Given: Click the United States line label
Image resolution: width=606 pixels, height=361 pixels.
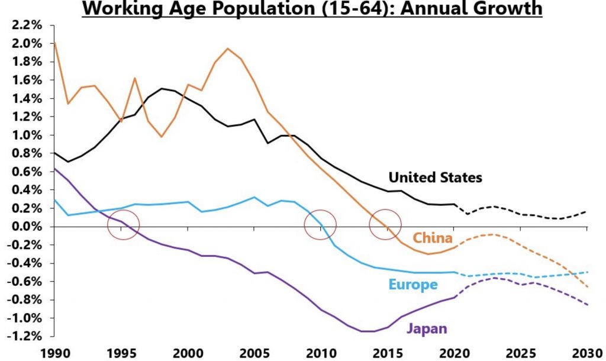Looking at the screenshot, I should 435,177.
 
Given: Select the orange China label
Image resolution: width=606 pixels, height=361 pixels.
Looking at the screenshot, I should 433,238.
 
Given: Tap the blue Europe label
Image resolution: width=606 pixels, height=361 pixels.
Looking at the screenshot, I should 412,285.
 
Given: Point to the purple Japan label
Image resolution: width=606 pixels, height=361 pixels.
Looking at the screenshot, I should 426,328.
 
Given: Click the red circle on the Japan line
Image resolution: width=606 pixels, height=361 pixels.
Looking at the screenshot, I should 124,225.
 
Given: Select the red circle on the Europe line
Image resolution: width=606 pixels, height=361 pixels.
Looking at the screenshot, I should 320,225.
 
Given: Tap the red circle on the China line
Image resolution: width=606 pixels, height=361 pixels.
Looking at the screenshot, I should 385,225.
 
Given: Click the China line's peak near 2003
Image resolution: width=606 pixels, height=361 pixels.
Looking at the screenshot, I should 228,49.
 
